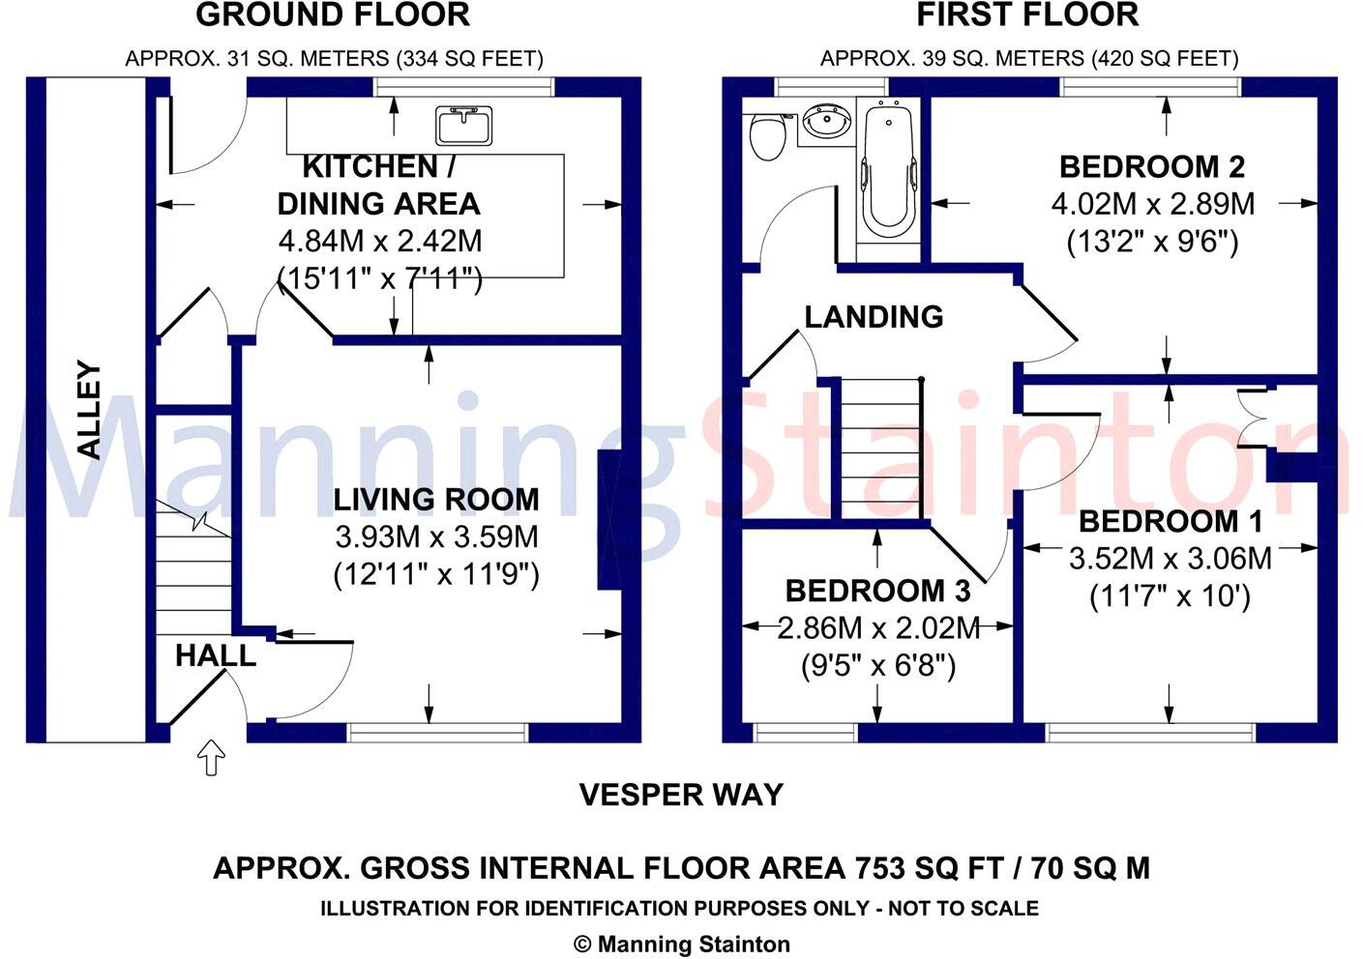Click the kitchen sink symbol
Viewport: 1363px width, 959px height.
pyautogui.click(x=463, y=126)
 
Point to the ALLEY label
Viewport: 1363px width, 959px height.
pyautogui.click(x=91, y=411)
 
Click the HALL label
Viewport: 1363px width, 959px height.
pyautogui.click(x=216, y=656)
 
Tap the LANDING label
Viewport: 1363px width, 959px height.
pyautogui.click(x=874, y=317)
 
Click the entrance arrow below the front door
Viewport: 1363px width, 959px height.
pyautogui.click(x=211, y=757)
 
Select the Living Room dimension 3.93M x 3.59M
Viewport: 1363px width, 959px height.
pyautogui.click(x=437, y=537)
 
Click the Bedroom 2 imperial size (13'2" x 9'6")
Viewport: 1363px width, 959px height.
pyautogui.click(x=1152, y=243)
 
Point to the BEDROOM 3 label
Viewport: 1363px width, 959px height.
pyautogui.click(x=877, y=591)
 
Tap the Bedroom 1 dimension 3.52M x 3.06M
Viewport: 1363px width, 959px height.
pyautogui.click(x=1170, y=559)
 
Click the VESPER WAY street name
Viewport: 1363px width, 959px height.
pyautogui.click(x=681, y=795)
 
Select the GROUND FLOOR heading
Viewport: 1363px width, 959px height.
pyautogui.click(x=333, y=15)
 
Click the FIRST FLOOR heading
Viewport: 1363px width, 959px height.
pyautogui.click(x=1027, y=15)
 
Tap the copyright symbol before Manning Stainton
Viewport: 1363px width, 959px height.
pyautogui.click(x=582, y=944)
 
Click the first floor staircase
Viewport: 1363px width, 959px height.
pyautogui.click(x=881, y=449)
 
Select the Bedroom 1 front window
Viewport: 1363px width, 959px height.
pyautogui.click(x=1150, y=733)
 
